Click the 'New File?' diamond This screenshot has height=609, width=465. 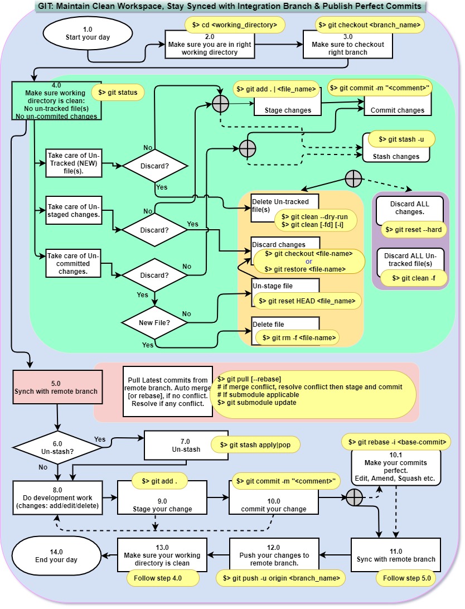[154, 322]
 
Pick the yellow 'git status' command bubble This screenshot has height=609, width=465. [118, 93]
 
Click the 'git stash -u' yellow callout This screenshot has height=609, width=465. [399, 139]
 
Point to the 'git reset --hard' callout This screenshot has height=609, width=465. [411, 230]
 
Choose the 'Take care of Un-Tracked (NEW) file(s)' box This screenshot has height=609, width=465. [74, 163]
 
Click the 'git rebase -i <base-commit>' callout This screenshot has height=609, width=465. [396, 442]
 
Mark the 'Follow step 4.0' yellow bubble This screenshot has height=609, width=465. [163, 578]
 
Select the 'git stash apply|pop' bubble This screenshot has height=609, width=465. [256, 444]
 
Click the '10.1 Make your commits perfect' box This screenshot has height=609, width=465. [396, 467]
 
